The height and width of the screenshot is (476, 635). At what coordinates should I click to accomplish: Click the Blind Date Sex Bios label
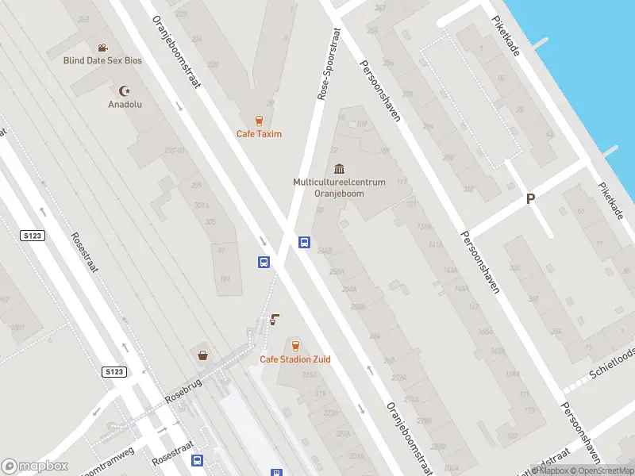tap(102, 59)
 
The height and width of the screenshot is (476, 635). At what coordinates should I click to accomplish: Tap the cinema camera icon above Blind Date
tap(102, 48)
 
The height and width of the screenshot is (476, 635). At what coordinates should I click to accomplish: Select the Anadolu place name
tap(125, 104)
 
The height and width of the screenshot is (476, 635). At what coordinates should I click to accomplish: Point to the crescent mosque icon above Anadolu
tap(125, 91)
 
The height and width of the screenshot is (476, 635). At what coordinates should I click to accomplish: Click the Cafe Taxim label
tap(259, 134)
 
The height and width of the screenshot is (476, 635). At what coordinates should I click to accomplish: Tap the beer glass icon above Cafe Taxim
tap(259, 121)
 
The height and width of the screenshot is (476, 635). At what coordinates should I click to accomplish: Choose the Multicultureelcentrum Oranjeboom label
tap(339, 187)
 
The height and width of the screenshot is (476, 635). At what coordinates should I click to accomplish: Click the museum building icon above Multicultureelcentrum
tap(340, 169)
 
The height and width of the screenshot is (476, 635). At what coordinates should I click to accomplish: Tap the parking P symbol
tap(529, 200)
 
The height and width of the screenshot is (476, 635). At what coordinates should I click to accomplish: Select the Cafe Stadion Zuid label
tap(295, 359)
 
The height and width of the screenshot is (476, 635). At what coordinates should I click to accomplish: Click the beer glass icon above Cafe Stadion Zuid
tap(295, 346)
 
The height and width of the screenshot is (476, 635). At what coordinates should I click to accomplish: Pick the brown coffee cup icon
tap(275, 319)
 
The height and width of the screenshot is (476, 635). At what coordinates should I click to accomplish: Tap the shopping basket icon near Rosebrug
tap(203, 355)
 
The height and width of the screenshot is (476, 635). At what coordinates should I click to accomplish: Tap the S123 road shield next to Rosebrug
tap(114, 371)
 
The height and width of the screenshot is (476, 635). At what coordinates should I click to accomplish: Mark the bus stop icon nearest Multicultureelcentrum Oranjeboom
tap(304, 242)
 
